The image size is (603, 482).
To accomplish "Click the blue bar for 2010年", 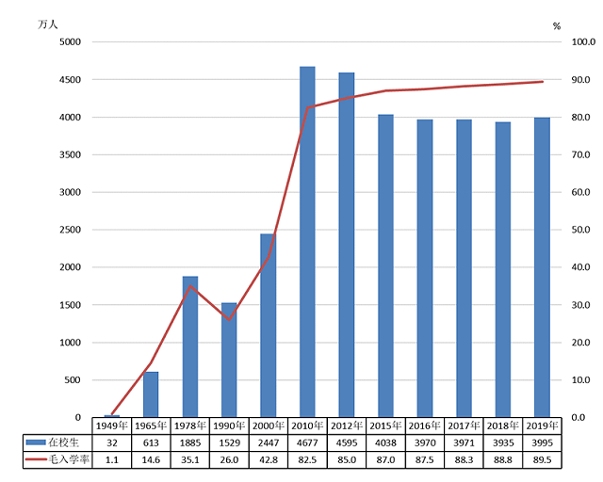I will click(307, 242).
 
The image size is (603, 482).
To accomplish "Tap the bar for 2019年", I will click(542, 267).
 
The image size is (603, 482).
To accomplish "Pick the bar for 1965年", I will click(151, 394).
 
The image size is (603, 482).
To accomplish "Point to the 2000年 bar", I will click(269, 326).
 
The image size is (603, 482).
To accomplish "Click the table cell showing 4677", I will click(308, 442).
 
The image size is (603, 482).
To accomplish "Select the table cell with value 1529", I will click(229, 442).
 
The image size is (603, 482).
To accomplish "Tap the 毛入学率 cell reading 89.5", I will click(543, 458).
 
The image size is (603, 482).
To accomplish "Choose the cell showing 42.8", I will click(269, 458).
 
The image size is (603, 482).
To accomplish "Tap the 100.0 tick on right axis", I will click(583, 42).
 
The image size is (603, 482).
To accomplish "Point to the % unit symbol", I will click(556, 24).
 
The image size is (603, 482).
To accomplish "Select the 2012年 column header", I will click(347, 426).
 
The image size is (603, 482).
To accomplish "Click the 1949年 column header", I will click(112, 426).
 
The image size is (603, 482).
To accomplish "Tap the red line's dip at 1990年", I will click(229, 319).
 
